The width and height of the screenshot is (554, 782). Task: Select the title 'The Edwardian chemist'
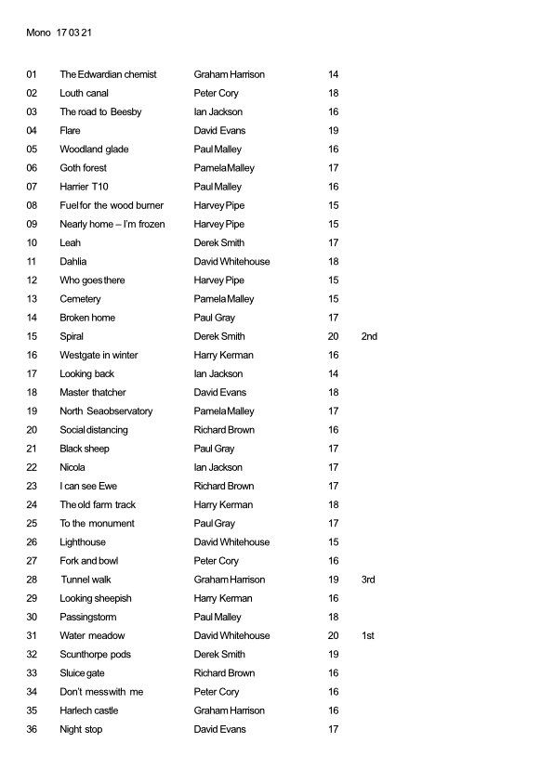pos(108,74)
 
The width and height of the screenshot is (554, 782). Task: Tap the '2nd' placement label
pos(369,336)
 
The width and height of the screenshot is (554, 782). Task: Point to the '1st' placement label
pos(369,635)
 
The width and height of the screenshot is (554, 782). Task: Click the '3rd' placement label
pos(369,580)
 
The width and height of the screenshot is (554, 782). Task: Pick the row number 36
pos(33,729)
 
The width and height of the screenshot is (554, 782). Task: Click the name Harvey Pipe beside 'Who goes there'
pos(219,280)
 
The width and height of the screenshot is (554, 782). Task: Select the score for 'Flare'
pos(334,131)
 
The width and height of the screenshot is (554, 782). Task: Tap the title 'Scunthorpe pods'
pos(96,654)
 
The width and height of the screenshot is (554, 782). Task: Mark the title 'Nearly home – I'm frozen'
pos(112,224)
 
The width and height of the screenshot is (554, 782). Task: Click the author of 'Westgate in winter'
pos(224,355)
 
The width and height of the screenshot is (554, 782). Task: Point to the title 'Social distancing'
pos(94,430)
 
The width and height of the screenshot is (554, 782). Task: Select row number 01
pos(33,74)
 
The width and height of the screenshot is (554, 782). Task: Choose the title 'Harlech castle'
pos(89,710)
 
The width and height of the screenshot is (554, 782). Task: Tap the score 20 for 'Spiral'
pos(334,336)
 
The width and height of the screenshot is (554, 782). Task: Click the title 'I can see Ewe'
pos(88,486)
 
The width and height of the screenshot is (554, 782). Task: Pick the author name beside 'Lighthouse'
pos(232,542)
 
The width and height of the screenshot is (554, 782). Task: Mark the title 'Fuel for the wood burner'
pos(112,205)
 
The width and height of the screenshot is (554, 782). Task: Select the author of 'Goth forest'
pos(224,168)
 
